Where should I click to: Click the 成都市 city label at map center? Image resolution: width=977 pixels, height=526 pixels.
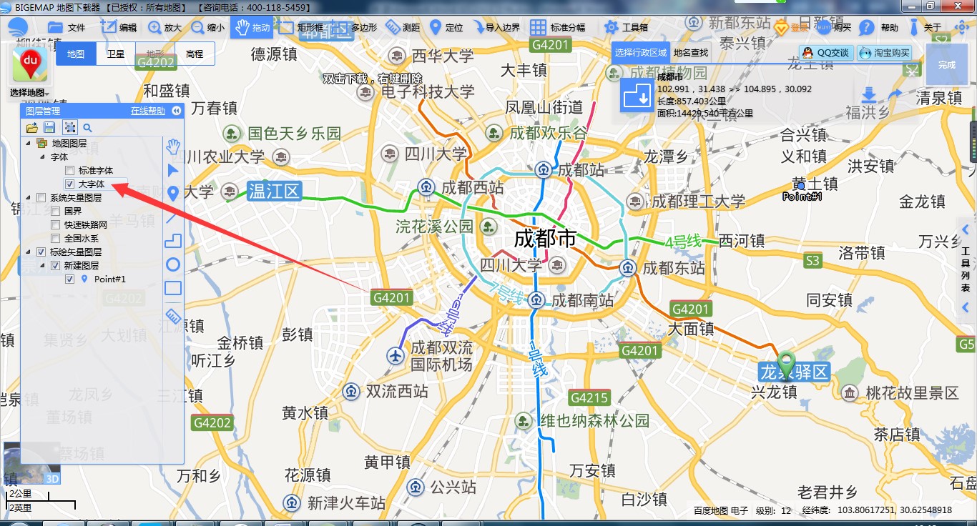[x=545, y=239]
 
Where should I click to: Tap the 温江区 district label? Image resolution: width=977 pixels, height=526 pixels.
[x=275, y=191]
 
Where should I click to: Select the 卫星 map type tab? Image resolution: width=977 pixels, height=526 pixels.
[x=116, y=54]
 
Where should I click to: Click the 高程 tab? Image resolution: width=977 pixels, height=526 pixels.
[x=195, y=54]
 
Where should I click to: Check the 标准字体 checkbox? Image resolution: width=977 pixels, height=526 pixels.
[x=69, y=171]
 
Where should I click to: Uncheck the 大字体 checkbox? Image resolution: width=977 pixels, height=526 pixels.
[x=69, y=184]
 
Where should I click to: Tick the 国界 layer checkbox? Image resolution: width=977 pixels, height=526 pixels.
[x=56, y=212]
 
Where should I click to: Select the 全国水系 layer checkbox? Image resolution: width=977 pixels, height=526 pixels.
[x=56, y=239]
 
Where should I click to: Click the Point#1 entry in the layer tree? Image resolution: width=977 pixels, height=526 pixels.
[x=109, y=279]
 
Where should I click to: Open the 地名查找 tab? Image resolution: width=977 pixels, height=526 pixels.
[x=690, y=52]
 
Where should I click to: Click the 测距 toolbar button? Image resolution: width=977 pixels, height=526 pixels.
[x=403, y=28]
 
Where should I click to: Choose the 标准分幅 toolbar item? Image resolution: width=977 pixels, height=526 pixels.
[x=558, y=28]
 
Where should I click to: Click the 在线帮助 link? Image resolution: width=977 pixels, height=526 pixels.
[x=147, y=111]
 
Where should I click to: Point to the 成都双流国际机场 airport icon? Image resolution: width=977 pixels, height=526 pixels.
[x=396, y=354]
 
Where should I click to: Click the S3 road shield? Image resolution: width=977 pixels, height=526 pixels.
[x=812, y=261]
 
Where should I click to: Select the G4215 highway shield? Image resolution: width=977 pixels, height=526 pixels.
[x=589, y=398]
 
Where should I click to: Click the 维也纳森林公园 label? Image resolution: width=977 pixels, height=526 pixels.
[x=594, y=421]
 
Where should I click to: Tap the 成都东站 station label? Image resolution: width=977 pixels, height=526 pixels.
[x=673, y=268]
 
